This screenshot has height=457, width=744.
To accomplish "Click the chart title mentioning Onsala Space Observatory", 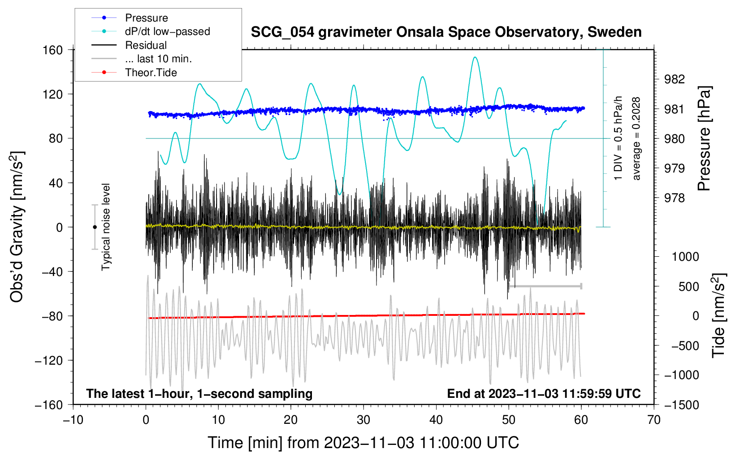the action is (446, 32).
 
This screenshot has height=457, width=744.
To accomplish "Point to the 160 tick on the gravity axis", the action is (53, 50).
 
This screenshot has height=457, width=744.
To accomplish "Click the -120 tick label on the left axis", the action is (49, 360).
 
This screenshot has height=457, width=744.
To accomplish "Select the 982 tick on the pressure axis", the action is (674, 79).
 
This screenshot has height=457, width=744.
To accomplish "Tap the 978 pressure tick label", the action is (674, 198).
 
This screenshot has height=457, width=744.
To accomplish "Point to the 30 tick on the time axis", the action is (363, 420).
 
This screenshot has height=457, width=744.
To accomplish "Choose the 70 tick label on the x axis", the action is (653, 420).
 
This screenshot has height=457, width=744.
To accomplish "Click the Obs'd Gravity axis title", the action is (17, 227).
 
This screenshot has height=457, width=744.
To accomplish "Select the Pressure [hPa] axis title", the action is (704, 138).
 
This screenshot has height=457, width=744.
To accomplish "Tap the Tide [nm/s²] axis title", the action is (719, 315).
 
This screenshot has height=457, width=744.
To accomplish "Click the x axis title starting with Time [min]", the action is (363, 443).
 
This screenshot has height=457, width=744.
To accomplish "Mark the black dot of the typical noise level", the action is (95, 227).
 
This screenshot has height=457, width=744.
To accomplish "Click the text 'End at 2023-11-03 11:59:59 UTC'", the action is (544, 393).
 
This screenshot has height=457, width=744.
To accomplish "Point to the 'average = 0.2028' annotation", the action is (636, 138).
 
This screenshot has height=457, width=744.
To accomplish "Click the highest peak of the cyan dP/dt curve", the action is (475, 57).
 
